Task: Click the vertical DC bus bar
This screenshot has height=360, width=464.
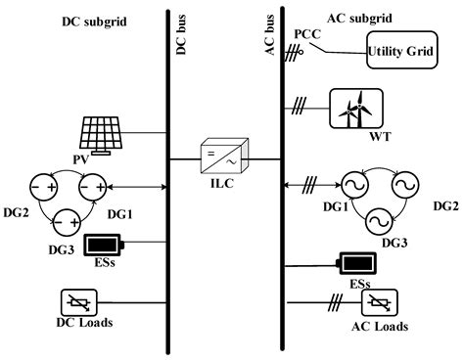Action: (168, 196)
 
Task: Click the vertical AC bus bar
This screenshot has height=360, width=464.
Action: (280, 196)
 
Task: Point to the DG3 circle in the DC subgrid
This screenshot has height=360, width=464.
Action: (67, 222)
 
